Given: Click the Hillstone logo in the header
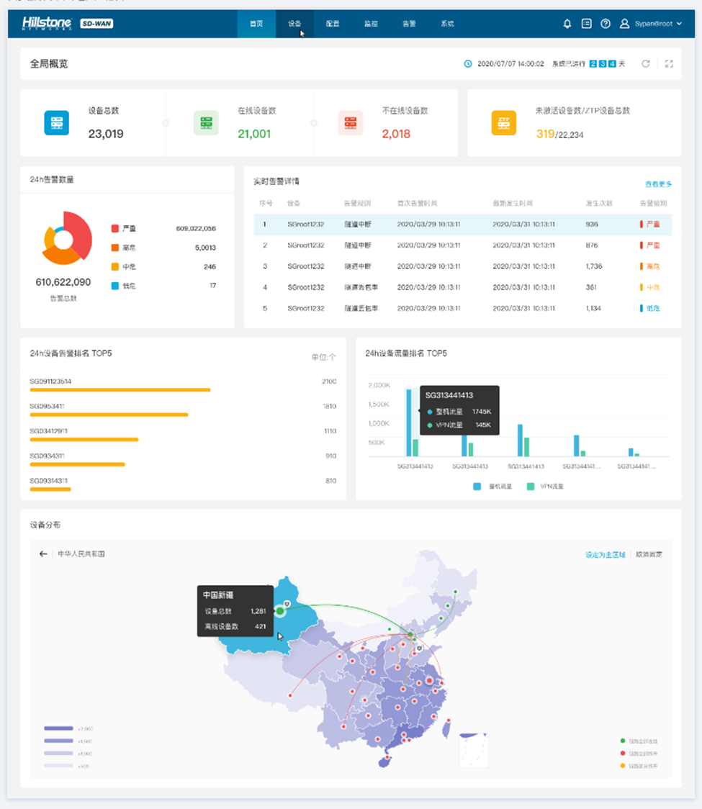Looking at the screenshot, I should point(47,24).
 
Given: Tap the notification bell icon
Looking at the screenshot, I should point(567,24).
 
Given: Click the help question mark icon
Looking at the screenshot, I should point(606,24).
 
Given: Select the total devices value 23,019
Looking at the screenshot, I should point(106,134).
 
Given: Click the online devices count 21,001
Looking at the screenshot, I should point(254,134).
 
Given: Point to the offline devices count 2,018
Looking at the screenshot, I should point(396,134).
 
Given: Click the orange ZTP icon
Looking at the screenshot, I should point(504,123).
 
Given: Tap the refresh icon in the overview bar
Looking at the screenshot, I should point(646,64).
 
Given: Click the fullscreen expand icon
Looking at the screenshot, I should point(669,64).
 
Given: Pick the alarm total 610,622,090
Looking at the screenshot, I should point(63,282).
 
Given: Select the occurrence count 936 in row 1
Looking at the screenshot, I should point(592,225).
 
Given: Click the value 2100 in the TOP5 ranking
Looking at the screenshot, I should point(328,381).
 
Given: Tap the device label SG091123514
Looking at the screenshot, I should point(50,381).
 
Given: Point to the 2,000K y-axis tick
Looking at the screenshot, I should point(379,386).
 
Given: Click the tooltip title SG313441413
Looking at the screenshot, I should point(449,395).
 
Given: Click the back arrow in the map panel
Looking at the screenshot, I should point(43,554).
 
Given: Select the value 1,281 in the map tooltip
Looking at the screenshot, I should point(258,611).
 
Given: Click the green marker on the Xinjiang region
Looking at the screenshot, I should point(280,611).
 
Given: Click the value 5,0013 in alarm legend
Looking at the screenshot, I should point(205,248).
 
